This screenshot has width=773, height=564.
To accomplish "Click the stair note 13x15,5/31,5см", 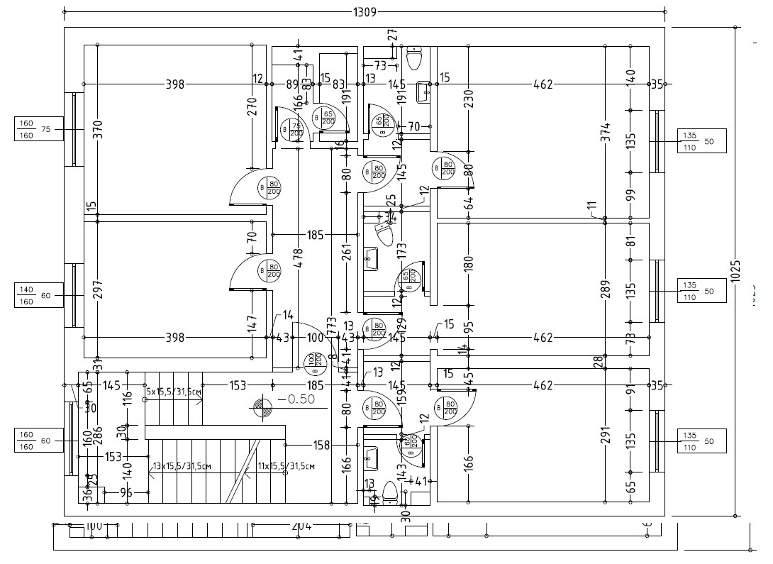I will click(x=182, y=466).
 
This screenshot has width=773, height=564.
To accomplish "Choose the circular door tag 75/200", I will click(x=292, y=131).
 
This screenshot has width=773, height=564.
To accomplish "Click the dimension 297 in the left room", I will click(x=98, y=289).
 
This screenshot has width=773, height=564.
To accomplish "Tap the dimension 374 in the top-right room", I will click(x=605, y=148).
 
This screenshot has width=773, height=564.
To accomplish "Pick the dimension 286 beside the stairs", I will click(x=98, y=433).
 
